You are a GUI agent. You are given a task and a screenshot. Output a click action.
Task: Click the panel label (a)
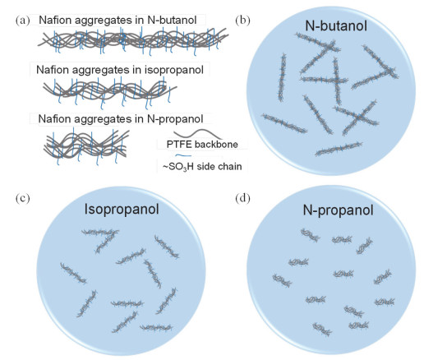pos(22,21)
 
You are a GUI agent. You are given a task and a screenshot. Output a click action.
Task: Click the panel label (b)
pos(242,21)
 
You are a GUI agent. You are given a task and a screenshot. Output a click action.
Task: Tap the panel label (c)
pos(23,198)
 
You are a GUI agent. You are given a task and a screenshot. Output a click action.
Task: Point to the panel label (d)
pos(242,198)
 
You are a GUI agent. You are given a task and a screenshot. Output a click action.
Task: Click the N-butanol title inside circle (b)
pos(336,25)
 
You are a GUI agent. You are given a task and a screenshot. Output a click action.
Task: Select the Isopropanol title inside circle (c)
pos(122,210)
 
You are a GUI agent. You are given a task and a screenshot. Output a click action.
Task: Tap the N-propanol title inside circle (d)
pos(338,210)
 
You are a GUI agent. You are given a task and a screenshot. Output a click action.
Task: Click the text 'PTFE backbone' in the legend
pos(202,145)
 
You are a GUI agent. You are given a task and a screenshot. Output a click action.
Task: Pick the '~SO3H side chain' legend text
pos(202,166)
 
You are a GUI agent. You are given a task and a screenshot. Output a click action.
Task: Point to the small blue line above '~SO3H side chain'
pos(183,155)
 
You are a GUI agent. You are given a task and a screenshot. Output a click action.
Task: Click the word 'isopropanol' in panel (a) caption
pos(174,70)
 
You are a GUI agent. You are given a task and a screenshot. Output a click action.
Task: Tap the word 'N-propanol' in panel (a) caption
pos(175,119)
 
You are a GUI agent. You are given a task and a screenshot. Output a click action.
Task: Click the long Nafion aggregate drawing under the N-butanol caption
pos(133,41)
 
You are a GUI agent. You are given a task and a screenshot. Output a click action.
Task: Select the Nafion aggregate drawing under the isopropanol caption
pos(109,92)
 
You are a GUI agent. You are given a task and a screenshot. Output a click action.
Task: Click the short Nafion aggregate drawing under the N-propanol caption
pos(86,145)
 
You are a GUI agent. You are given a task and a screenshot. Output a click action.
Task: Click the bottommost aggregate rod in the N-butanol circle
pos(339,149)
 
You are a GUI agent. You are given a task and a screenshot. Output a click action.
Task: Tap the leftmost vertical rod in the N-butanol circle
pos(282,77)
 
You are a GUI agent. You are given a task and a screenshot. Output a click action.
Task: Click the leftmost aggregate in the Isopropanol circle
pos(73,273)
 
